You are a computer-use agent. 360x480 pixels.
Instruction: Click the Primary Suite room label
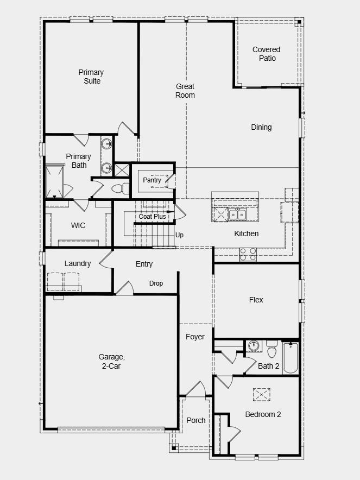(91, 77)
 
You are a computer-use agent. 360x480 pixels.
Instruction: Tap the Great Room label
(185, 91)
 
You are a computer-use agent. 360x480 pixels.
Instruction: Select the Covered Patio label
(267, 54)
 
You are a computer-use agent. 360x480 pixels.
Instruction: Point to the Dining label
(261, 127)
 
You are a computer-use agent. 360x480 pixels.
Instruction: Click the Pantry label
(151, 180)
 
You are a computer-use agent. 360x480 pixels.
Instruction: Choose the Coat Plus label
(152, 217)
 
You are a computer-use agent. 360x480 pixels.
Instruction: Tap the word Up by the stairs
(179, 235)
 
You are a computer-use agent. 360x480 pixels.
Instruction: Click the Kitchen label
(246, 233)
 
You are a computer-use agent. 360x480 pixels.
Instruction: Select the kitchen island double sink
(237, 214)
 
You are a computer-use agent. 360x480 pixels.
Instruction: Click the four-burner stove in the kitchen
(248, 254)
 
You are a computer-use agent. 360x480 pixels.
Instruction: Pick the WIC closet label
(78, 225)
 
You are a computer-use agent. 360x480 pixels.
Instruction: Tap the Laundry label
(78, 263)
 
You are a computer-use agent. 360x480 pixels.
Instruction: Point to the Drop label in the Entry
(156, 283)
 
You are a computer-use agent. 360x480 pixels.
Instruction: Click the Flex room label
(256, 300)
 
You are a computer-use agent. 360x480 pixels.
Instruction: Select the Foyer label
(195, 337)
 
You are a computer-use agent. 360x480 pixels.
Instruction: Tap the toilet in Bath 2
(271, 348)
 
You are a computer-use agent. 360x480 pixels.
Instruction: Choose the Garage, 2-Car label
(112, 361)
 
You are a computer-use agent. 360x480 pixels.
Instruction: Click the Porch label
(196, 420)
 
